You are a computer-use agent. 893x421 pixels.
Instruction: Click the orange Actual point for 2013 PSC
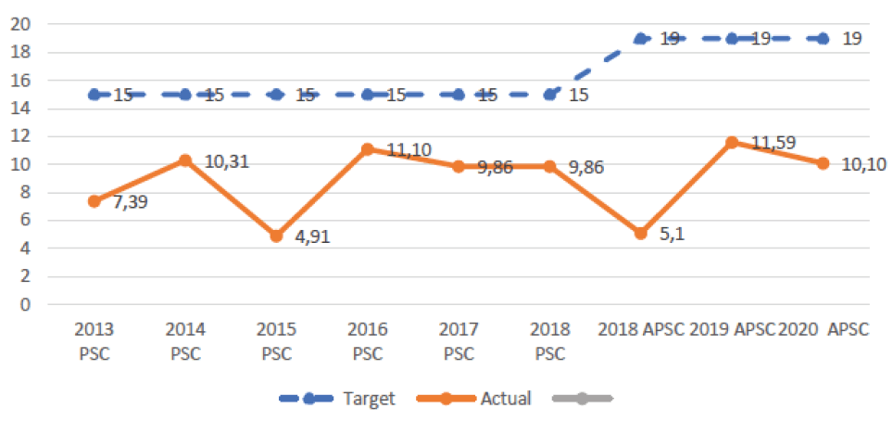pos(94,201)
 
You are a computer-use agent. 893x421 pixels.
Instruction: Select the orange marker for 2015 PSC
pos(276,236)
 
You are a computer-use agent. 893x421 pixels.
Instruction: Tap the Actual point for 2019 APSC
pos(732,142)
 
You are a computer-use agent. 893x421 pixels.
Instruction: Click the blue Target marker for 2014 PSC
pos(184,95)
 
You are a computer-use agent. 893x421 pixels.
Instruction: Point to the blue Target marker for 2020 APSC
pos(823,39)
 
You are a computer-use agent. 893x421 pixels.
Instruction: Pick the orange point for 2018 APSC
pos(640,233)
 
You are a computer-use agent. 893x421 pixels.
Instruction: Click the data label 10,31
pos(227,162)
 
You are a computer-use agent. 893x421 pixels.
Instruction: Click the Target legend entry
pos(338,399)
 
